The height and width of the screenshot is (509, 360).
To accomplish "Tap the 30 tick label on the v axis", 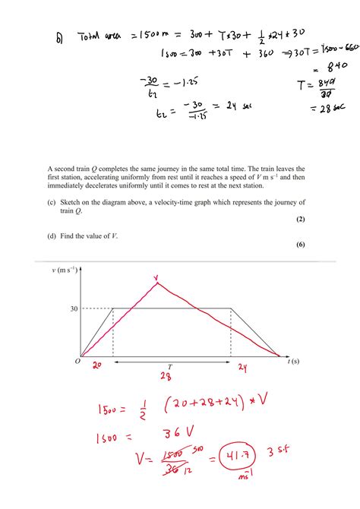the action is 72,308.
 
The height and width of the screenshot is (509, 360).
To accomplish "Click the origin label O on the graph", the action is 77,362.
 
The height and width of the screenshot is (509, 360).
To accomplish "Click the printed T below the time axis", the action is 170,367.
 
